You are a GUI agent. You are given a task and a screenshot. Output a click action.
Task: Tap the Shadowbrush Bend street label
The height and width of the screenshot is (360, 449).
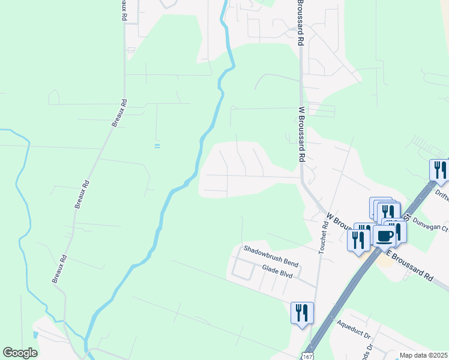tap(271, 256)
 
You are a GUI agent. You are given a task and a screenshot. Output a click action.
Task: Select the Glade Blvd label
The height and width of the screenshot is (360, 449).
tap(277, 272)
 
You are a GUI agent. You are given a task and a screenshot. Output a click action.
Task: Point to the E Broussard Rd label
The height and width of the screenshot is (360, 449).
tap(410, 266)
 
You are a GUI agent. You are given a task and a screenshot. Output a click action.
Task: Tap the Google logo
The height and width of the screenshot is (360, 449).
tap(20, 353)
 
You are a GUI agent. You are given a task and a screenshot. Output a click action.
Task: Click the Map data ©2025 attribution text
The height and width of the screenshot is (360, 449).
tap(423, 355)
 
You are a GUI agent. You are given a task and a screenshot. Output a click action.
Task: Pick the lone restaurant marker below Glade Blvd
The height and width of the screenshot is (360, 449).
tap(301, 312)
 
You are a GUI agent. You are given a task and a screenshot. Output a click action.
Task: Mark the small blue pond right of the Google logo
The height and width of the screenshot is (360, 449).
tap(35, 334)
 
